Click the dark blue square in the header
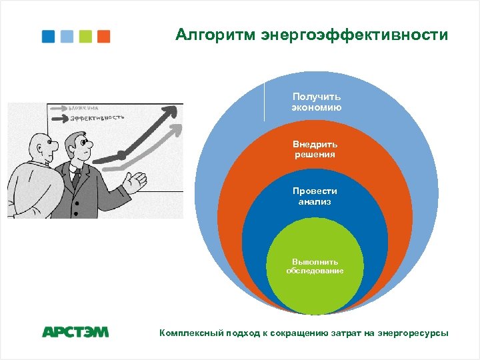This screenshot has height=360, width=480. (x=48, y=36)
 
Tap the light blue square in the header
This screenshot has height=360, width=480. (x=67, y=36)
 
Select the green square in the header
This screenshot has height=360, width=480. (x=85, y=36)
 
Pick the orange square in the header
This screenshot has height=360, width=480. (x=103, y=36)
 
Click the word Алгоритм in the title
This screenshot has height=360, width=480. (x=215, y=35)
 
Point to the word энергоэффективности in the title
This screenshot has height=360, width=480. (x=354, y=35)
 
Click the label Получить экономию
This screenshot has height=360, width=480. (x=317, y=102)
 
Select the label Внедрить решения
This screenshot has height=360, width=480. (x=315, y=149)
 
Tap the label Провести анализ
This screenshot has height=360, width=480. (x=315, y=196)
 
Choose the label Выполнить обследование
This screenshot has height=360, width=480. (x=315, y=266)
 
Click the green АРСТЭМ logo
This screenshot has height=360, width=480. (x=75, y=332)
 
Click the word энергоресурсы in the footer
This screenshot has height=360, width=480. (x=415, y=333)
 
